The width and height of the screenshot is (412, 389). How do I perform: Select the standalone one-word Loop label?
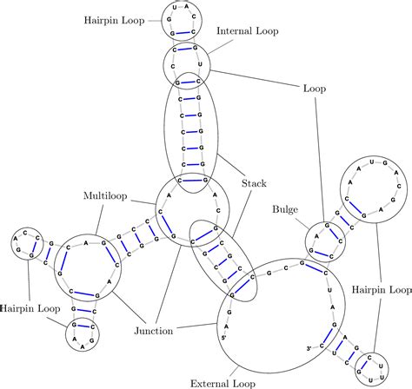coord(314,88)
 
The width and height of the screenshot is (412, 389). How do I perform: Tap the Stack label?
coord(254,183)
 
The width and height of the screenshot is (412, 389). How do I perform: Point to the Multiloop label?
coord(105,195)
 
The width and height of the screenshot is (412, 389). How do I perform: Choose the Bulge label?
coord(285,209)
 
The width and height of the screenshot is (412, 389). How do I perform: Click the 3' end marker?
coord(309,349)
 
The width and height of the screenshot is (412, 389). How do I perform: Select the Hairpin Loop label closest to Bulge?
coord(383,289)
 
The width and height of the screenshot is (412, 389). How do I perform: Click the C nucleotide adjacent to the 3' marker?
coord(321,351)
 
